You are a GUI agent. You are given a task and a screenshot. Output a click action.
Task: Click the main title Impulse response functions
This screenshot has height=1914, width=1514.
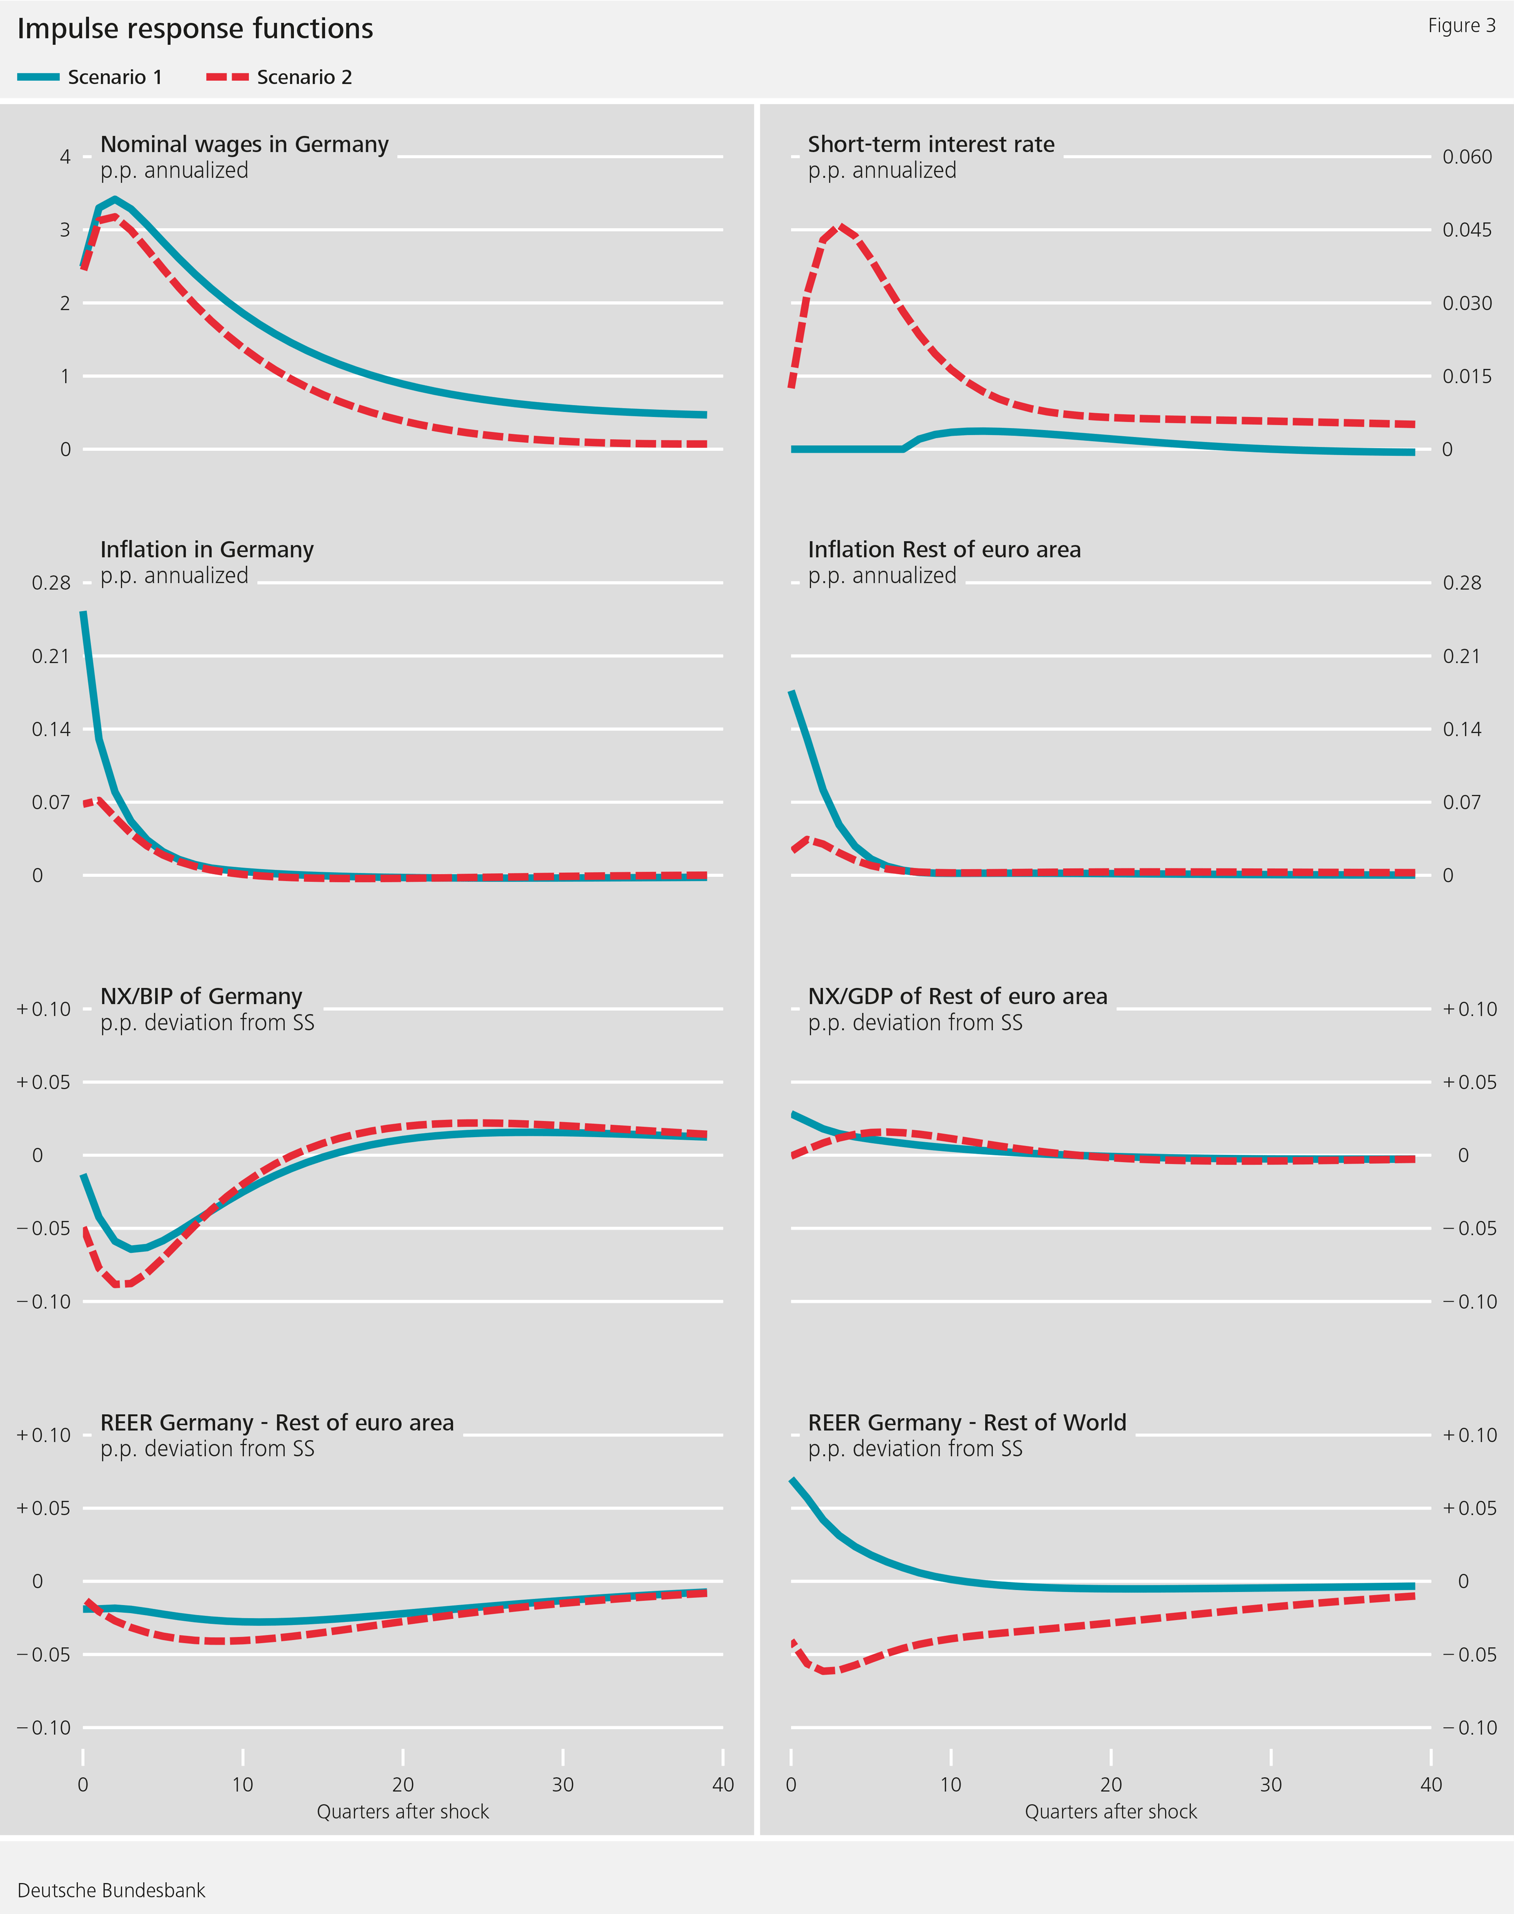click(x=195, y=29)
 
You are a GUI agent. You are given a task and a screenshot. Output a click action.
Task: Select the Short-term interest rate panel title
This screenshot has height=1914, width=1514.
click(x=931, y=144)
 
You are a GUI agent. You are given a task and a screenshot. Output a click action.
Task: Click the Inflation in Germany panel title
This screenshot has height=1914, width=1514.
click(x=206, y=550)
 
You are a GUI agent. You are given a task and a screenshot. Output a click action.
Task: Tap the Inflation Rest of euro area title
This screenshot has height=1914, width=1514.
click(x=944, y=550)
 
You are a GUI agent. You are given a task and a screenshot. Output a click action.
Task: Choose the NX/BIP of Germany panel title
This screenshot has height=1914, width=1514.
click(x=201, y=996)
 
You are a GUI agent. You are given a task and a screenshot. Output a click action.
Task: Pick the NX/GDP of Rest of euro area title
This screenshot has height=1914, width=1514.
click(x=957, y=996)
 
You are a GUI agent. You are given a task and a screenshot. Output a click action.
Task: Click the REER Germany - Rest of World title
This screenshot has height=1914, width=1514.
click(x=966, y=1423)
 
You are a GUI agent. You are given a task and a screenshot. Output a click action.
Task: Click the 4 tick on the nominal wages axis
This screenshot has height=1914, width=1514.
click(x=65, y=157)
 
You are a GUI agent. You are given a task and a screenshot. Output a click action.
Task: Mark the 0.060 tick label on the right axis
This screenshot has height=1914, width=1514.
click(x=1467, y=157)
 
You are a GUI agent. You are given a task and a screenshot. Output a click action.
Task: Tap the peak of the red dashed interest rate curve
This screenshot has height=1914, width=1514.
click(x=839, y=226)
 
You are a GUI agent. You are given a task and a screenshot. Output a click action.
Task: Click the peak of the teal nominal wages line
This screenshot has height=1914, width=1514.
click(x=115, y=199)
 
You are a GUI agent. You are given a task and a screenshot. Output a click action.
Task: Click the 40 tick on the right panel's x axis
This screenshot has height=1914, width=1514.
click(x=1431, y=1785)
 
